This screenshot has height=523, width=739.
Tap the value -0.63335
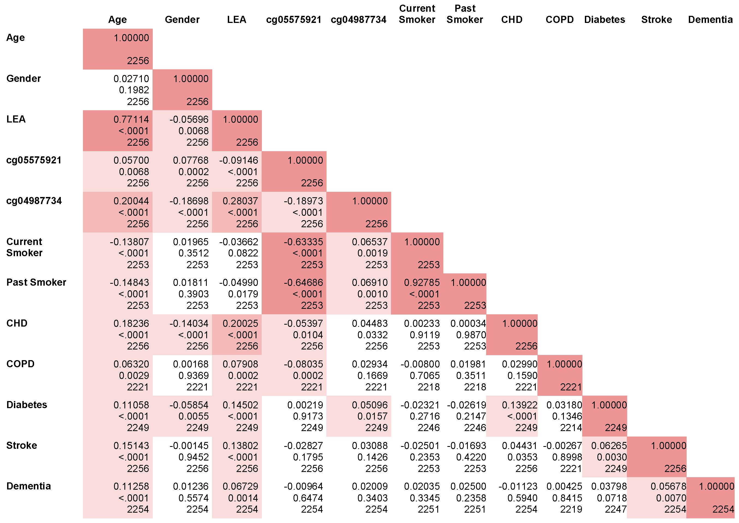click(303, 242)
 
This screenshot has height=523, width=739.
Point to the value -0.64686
click(303, 282)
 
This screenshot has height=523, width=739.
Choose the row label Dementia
click(29, 486)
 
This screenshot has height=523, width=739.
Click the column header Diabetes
click(605, 20)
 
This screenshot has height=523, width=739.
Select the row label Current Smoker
click(25, 247)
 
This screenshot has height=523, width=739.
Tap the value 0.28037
click(240, 201)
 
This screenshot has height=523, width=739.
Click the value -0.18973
click(303, 201)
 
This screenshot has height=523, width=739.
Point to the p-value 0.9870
click(471, 335)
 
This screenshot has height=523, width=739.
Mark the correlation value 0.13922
click(519, 405)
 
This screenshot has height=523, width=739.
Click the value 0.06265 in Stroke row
click(609, 446)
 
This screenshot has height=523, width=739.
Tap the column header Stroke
click(656, 20)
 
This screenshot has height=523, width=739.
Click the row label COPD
click(20, 364)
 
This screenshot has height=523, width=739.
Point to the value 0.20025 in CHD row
click(240, 323)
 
